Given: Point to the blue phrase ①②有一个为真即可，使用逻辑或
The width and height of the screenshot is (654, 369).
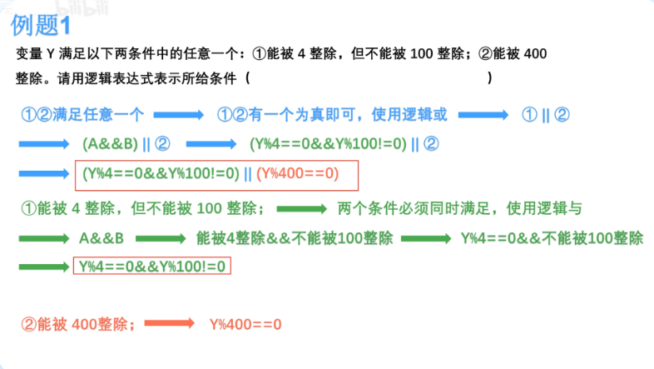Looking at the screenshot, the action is coord(332,114).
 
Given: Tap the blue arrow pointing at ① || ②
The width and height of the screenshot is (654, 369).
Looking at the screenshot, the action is coord(483,114).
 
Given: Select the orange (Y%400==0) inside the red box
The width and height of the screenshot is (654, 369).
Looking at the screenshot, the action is coord(298,174).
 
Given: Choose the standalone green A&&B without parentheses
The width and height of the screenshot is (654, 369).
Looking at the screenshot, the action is coord(102,237).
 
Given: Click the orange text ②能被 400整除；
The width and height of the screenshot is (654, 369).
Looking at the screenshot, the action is coord(82,324).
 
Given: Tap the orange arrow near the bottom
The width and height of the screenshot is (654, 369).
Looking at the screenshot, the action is coord(175,324).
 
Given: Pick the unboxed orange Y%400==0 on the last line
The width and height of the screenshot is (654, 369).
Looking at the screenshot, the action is coord(245,324).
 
